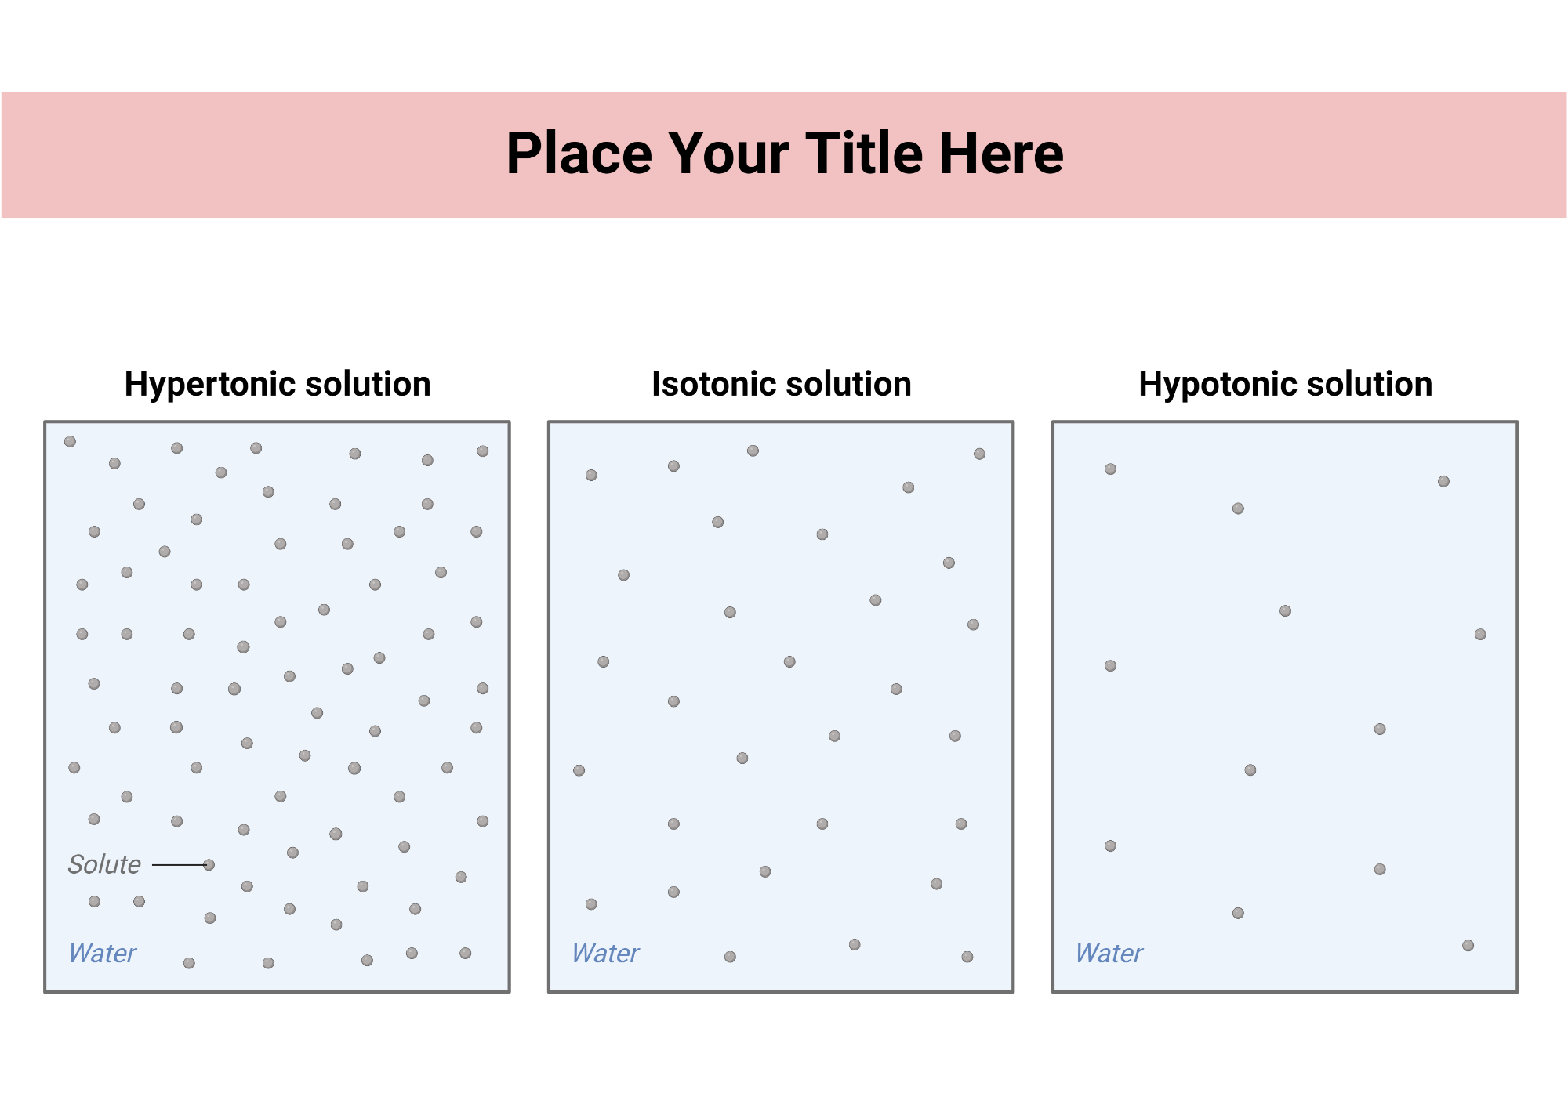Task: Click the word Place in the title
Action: (x=579, y=154)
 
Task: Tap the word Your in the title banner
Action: (x=728, y=154)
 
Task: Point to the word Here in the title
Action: (x=1001, y=154)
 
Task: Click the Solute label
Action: (x=104, y=864)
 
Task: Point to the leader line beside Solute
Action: (x=178, y=865)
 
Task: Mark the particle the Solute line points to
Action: (x=209, y=865)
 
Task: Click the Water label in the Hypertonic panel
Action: (x=102, y=954)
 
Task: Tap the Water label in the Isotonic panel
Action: (x=605, y=954)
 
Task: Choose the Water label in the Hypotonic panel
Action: (x=1109, y=954)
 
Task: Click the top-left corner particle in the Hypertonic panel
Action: (x=70, y=442)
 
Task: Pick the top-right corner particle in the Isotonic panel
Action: (x=979, y=454)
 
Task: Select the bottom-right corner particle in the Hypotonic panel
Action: (x=1468, y=946)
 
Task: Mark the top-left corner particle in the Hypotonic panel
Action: (x=1110, y=469)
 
